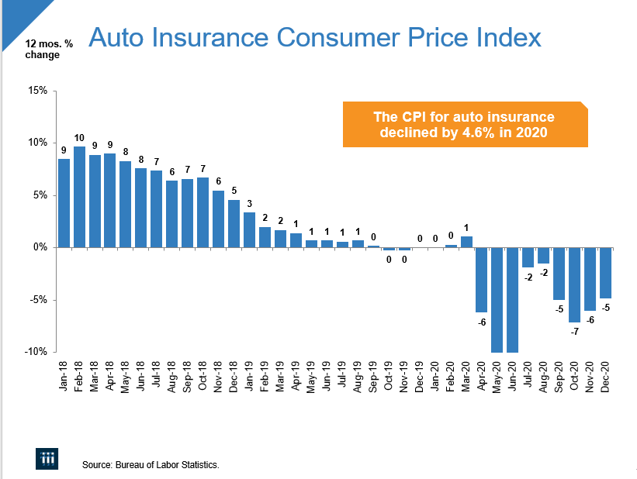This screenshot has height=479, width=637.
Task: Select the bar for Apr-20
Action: (482, 280)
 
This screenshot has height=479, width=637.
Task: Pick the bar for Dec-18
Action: (234, 224)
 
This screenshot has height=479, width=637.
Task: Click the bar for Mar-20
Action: (466, 242)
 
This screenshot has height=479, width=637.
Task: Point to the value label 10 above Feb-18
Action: (79, 137)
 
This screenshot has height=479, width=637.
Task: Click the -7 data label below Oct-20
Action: (574, 331)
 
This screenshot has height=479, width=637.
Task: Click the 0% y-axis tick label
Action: (39, 247)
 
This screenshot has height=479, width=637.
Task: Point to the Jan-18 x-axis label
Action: (64, 374)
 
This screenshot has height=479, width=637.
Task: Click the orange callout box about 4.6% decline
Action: (464, 125)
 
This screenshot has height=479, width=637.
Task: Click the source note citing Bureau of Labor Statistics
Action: (151, 465)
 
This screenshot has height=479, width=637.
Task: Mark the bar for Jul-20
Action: (528, 257)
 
